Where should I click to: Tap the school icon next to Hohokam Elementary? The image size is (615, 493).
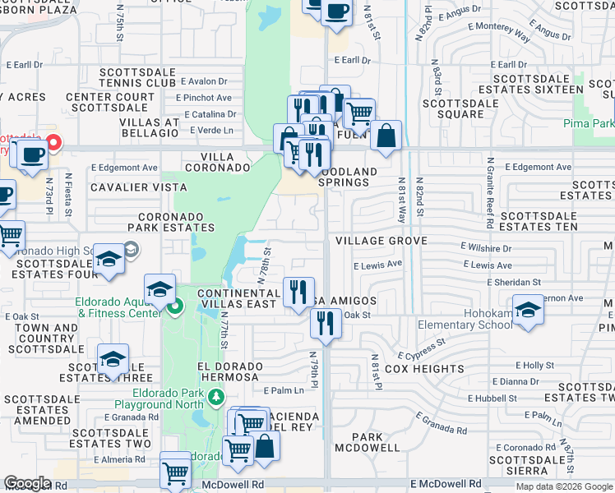click(x=527, y=309)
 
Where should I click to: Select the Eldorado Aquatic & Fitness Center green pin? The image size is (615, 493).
click(x=173, y=309)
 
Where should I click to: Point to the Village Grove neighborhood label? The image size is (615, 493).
click(x=381, y=241)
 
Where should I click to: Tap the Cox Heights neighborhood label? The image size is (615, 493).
click(x=420, y=369)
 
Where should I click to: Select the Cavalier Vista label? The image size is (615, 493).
click(x=127, y=187)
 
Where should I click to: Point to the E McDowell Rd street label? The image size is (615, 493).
click(x=446, y=484)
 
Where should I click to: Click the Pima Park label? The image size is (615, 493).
click(x=589, y=123)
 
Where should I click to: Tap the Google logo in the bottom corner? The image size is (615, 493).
click(x=27, y=483)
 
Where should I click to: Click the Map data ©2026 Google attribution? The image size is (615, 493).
click(x=564, y=486)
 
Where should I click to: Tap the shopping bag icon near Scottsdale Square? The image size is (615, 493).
click(x=386, y=135)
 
